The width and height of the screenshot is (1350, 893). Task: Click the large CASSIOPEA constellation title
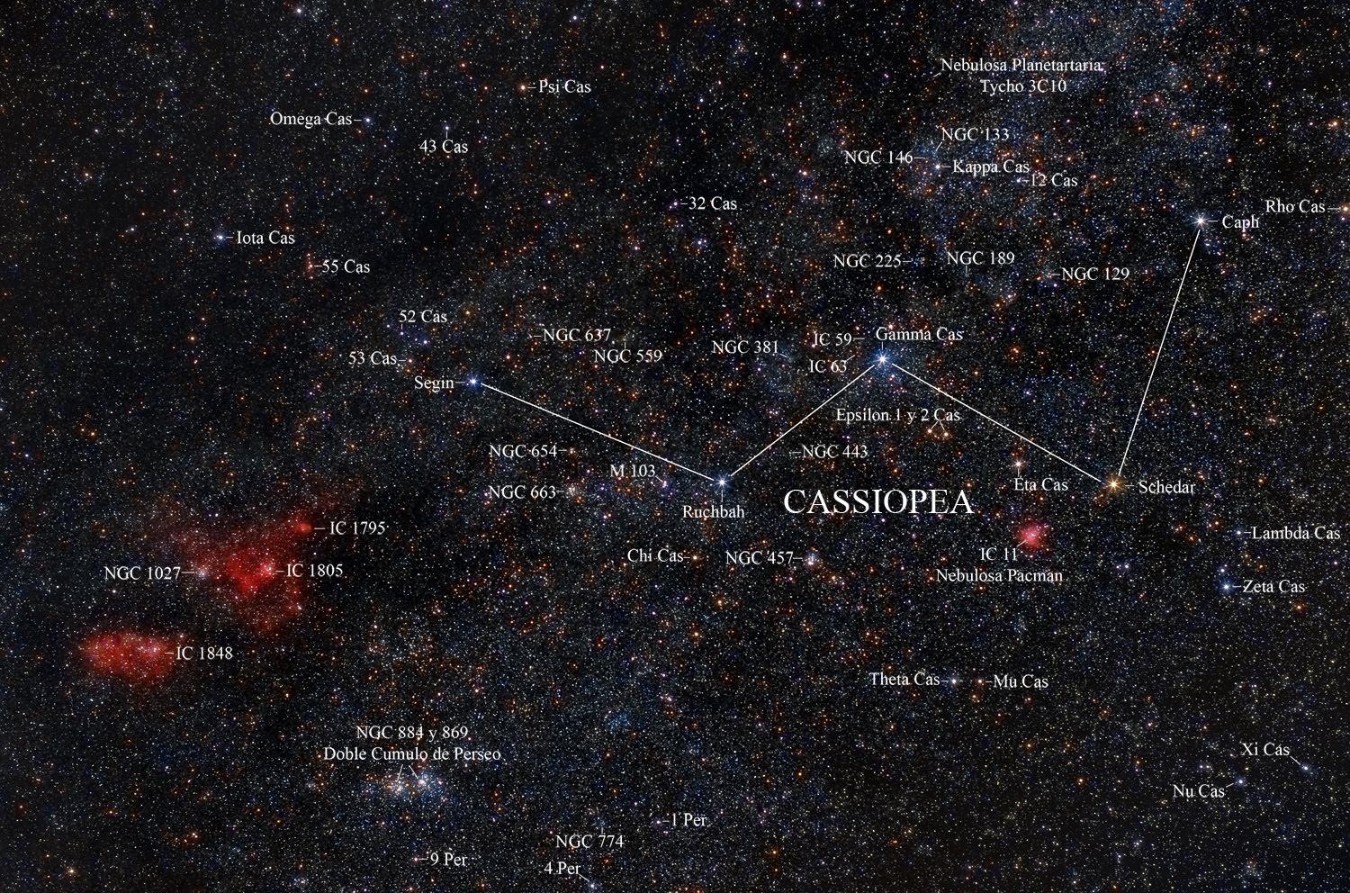click(878, 502)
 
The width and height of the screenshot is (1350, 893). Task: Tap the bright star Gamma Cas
click(883, 359)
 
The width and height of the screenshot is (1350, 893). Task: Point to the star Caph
click(1201, 220)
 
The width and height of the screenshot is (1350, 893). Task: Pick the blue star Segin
click(473, 383)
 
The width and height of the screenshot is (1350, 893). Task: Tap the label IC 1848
click(204, 654)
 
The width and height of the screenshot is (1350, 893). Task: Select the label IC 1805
click(314, 571)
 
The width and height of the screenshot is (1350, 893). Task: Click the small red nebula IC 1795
click(305, 528)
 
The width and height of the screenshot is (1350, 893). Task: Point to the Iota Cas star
click(221, 239)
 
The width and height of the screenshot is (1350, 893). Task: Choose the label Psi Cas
click(564, 87)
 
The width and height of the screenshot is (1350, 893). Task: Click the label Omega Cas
click(310, 119)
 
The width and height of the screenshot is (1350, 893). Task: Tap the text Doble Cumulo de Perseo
click(412, 754)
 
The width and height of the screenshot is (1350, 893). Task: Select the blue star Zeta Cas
click(1227, 587)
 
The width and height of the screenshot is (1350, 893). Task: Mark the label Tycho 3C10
click(1023, 87)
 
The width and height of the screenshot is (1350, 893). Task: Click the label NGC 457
click(759, 558)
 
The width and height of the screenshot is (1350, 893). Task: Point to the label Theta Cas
click(904, 680)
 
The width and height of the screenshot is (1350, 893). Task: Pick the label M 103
click(632, 471)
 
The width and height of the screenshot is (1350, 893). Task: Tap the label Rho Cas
click(1295, 207)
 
